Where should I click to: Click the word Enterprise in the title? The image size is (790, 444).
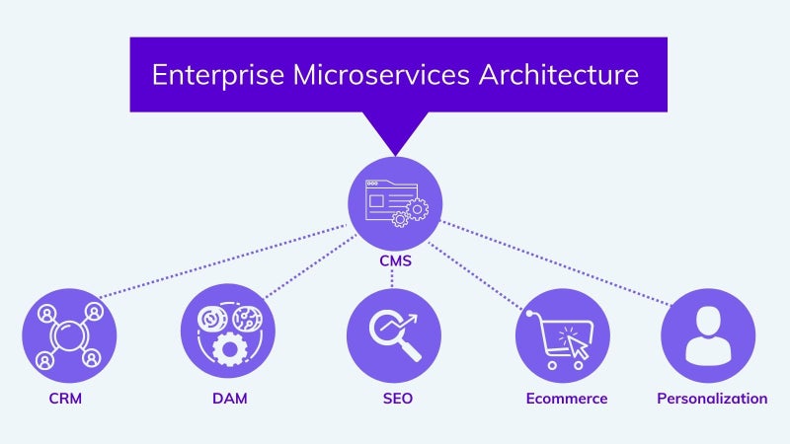[218, 75]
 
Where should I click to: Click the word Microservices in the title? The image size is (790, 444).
[381, 75]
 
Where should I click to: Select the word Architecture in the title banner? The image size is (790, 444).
[559, 75]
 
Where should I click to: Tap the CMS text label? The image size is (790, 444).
[396, 260]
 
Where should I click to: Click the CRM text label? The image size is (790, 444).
[65, 399]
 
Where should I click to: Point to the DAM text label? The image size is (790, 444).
[230, 399]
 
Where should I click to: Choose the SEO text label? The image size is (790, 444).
[398, 399]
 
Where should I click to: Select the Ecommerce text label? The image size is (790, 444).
[567, 399]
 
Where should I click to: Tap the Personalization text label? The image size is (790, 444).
[712, 399]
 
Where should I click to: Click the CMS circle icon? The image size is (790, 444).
[395, 203]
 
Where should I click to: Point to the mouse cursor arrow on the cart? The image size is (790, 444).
[578, 346]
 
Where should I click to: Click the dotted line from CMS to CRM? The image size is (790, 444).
[223, 260]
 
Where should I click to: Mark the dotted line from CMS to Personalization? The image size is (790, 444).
[556, 262]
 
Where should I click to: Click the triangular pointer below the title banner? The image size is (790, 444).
[396, 131]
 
